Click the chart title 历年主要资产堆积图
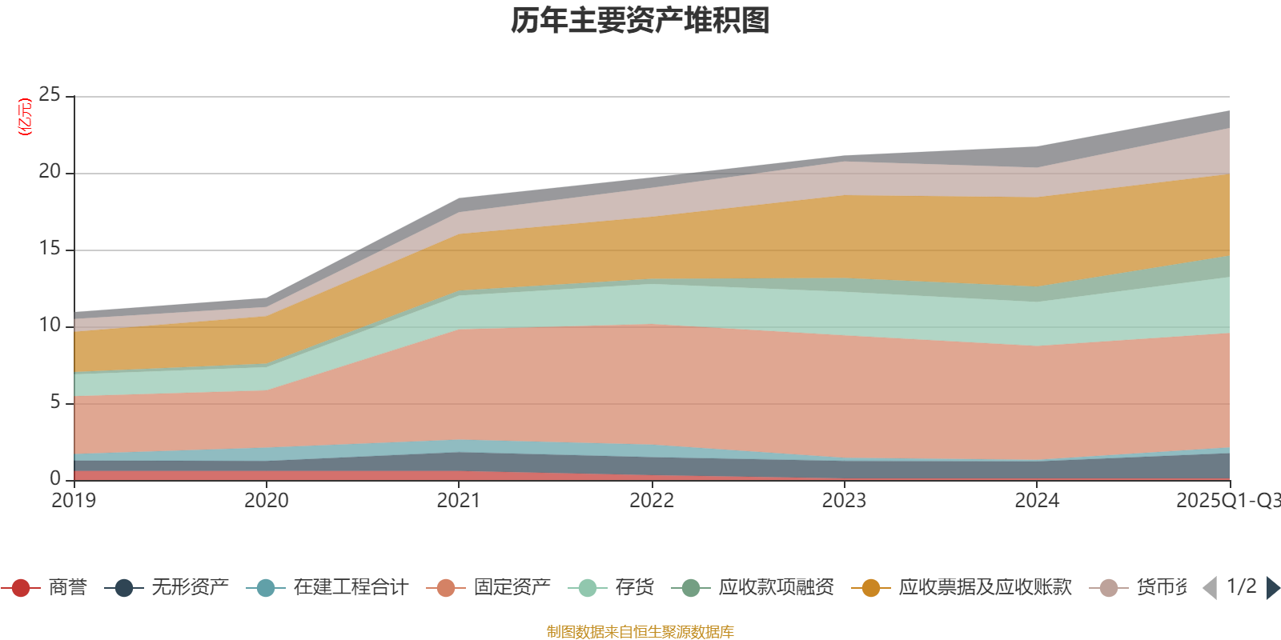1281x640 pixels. (x=640, y=21)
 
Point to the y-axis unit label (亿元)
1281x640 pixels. (x=25, y=117)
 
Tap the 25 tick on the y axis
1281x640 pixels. (x=50, y=95)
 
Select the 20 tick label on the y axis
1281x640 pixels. (x=50, y=172)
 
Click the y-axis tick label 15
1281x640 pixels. (x=50, y=249)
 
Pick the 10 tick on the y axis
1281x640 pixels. (x=50, y=326)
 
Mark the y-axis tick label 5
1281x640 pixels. (x=55, y=402)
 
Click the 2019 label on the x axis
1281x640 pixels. (x=74, y=501)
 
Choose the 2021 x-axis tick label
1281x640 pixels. (x=459, y=501)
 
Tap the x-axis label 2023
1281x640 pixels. (x=844, y=501)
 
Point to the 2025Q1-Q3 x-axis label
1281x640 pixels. (x=1227, y=501)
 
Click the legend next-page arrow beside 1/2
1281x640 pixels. (x=1272, y=588)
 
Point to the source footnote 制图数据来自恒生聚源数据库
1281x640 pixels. (x=640, y=632)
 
